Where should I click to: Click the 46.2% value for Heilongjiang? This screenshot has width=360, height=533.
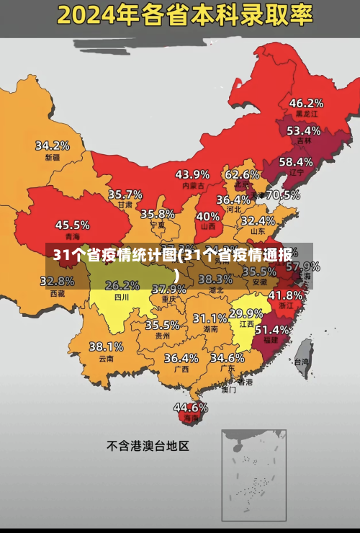point(306,103)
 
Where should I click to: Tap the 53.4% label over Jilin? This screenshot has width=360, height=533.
point(303,130)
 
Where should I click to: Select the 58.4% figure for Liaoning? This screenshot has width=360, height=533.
point(296,162)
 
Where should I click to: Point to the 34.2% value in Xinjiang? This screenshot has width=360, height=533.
point(53,145)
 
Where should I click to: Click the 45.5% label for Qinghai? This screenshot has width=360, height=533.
point(73,225)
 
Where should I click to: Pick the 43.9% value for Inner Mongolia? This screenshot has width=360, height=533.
point(192,174)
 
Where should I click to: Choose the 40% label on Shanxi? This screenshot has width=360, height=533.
point(207,216)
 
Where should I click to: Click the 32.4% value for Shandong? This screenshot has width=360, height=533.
point(258,220)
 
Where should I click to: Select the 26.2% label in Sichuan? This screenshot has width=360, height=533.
point(122,285)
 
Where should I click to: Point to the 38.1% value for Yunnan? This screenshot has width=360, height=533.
point(106,346)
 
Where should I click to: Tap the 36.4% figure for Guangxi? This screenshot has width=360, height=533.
point(181,357)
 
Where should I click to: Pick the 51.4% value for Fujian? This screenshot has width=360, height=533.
point(272,329)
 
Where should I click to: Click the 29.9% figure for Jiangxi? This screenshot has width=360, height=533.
point(246,313)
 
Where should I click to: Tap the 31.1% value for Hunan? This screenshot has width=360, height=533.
point(210,318)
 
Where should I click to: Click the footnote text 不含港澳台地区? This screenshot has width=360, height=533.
point(148,446)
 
